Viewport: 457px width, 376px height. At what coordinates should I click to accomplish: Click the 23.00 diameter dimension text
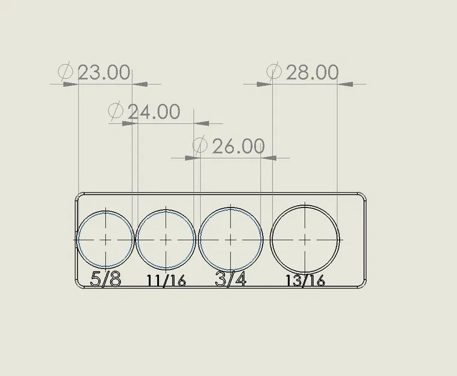[x=104, y=73]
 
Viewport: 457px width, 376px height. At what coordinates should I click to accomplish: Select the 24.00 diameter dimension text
[x=153, y=111]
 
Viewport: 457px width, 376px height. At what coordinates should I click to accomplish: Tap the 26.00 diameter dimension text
[x=238, y=146]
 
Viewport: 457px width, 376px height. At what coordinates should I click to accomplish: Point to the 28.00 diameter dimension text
[x=311, y=73]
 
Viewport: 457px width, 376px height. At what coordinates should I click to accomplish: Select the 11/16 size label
[x=166, y=280]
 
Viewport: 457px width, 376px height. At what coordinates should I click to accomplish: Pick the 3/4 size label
[x=231, y=279]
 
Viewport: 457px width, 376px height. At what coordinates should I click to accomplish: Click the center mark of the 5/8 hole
[x=106, y=239]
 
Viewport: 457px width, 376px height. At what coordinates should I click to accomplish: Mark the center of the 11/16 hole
[x=166, y=239]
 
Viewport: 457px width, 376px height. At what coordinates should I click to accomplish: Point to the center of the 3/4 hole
[x=231, y=239]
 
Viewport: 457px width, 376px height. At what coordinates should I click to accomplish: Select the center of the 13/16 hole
[x=306, y=239]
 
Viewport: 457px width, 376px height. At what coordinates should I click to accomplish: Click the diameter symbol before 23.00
[x=66, y=72]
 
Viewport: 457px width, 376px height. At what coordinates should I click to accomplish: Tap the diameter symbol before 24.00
[x=115, y=111]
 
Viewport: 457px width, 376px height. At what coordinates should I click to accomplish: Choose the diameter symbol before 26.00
[x=200, y=146]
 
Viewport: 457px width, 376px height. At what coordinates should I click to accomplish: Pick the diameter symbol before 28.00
[x=273, y=72]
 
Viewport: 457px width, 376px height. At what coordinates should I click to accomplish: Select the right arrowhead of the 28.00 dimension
[x=344, y=84]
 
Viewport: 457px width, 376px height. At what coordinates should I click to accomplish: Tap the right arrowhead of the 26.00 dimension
[x=269, y=158]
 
